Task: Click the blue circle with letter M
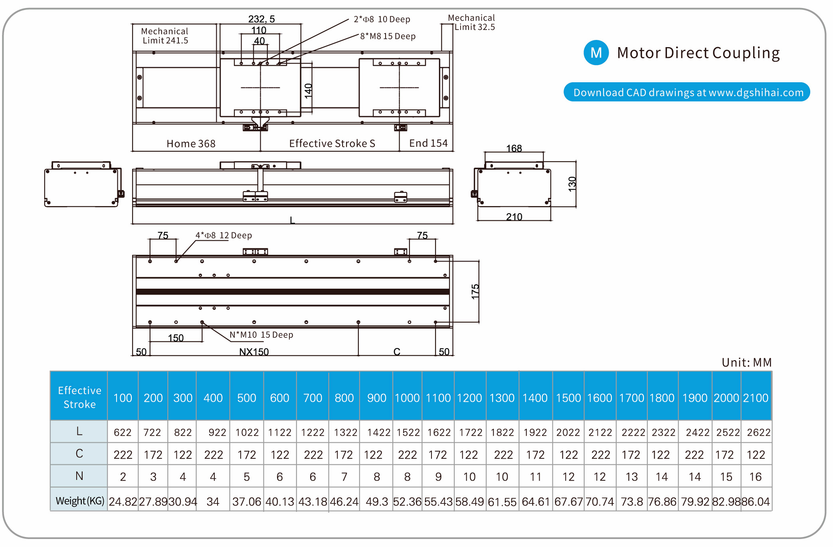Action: (596, 53)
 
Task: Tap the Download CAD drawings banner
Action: (687, 92)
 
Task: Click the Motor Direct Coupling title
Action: (698, 53)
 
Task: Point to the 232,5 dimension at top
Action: (261, 19)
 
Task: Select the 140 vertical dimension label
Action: (308, 91)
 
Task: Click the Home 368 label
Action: (191, 143)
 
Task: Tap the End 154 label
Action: (428, 143)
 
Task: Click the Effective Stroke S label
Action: (332, 143)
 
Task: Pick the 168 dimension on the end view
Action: (514, 148)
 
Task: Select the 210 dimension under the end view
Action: (514, 217)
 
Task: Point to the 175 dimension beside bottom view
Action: (475, 291)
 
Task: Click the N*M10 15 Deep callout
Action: (261, 335)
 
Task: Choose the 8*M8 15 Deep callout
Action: (388, 36)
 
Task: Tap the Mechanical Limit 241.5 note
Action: (165, 36)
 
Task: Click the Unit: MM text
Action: (746, 362)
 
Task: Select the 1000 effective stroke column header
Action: (407, 398)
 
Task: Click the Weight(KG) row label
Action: (80, 501)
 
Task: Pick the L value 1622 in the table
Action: (439, 432)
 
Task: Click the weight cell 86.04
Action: (756, 501)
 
